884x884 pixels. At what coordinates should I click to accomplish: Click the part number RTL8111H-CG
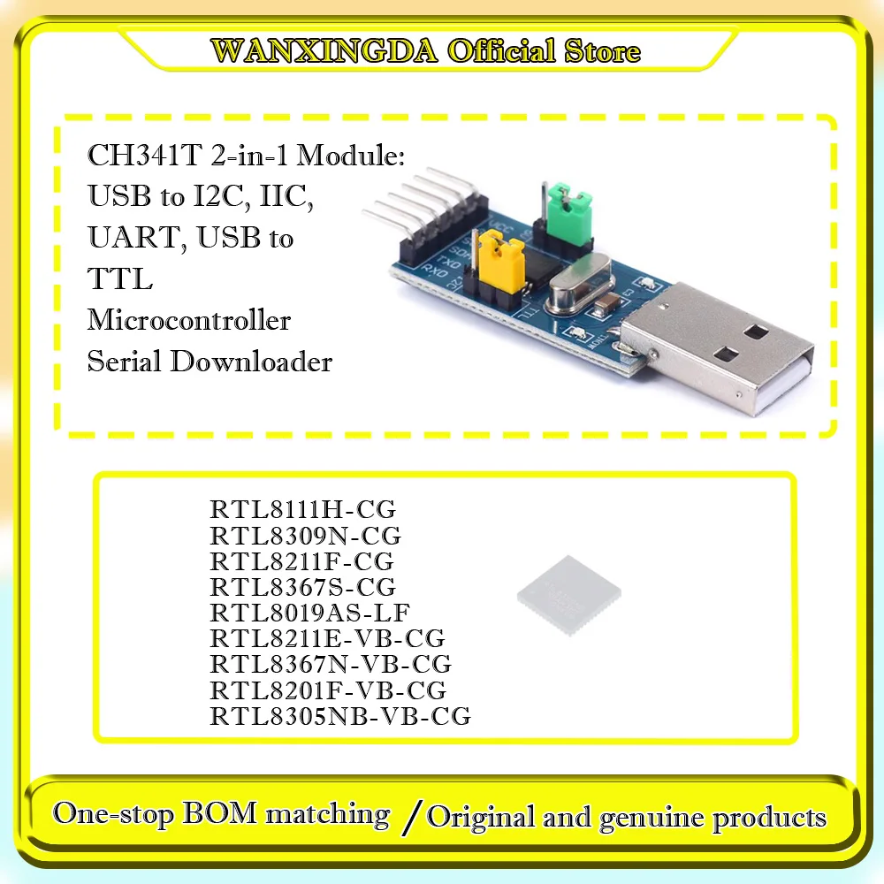pyautogui.click(x=302, y=510)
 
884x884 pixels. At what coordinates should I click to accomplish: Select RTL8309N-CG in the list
pyautogui.click(x=305, y=536)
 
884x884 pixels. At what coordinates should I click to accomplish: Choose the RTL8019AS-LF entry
pyautogui.click(x=309, y=612)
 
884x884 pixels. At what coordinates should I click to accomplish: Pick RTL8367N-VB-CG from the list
pyautogui.click(x=331, y=663)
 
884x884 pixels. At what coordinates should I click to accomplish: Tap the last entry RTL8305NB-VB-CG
pyautogui.click(x=340, y=714)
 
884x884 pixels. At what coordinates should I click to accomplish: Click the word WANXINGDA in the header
pyautogui.click(x=325, y=50)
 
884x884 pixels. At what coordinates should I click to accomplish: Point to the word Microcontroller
pyautogui.click(x=188, y=319)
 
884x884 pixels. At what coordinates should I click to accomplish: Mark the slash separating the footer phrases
pyautogui.click(x=408, y=815)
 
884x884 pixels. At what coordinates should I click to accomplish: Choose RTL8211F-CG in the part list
pyautogui.click(x=301, y=561)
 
